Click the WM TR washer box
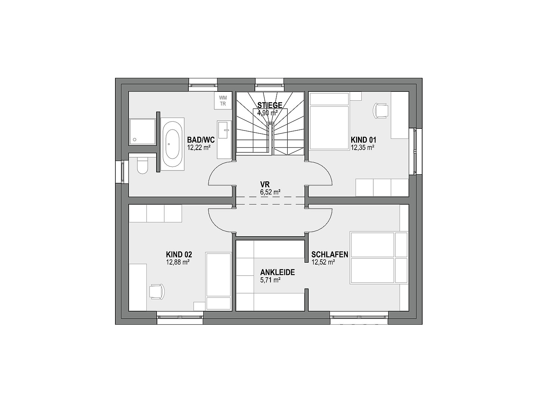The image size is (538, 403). pos(223,101)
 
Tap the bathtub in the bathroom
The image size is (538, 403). pos(172,144)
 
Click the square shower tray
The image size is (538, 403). pos(142,131)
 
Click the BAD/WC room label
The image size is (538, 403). pos(201,140)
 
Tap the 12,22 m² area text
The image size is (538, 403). pos(199,147)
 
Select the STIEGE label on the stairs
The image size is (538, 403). pos(270,105)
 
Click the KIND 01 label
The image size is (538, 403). pos(363,140)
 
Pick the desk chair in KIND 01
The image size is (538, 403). pos(380,111)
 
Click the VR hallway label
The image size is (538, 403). pos(265,184)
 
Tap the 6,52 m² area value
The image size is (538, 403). pos(270,192)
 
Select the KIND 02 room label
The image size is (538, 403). pos(179,254)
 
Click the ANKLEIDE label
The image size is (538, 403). pos(278,272)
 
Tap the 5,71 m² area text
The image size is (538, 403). pos(270,280)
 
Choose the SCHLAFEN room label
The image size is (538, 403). pos(330,254)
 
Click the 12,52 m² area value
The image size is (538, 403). pos(323,262)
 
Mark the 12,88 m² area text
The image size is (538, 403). pos(178,262)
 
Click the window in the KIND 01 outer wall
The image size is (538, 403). pos(415,151)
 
